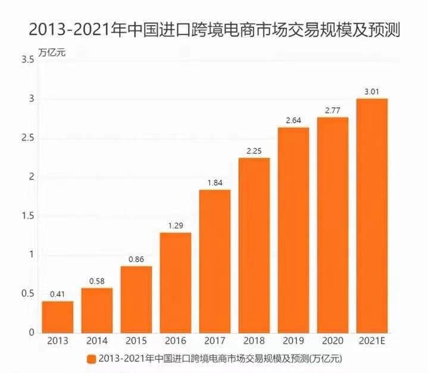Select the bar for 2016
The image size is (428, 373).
click(175, 282)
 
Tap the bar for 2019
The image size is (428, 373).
click(293, 230)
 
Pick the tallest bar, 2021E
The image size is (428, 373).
click(371, 216)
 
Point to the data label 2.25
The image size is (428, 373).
click(254, 151)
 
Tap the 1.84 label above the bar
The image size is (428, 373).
click(214, 183)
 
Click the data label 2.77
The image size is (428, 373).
click(332, 110)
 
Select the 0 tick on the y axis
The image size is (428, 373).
click(30, 332)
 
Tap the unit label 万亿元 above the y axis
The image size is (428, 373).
click(52, 51)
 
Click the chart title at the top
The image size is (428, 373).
click(214, 28)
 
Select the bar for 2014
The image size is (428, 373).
click(96, 310)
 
